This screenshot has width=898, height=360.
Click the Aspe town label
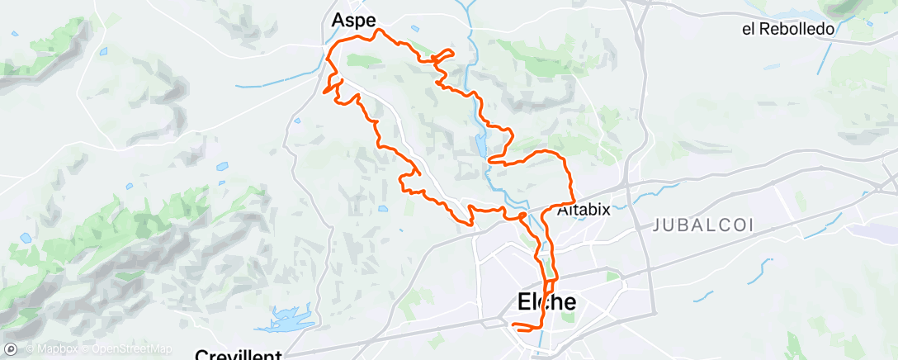tap(353, 21)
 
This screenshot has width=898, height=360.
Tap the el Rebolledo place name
tap(788, 29)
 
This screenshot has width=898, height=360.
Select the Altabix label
tap(584, 210)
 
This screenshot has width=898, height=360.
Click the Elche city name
tap(546, 302)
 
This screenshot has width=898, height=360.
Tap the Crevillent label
tap(239, 355)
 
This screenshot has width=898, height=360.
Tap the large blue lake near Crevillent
tap(288, 318)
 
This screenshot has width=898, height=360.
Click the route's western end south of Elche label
tap(513, 325)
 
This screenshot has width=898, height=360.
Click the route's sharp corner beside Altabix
tap(573, 201)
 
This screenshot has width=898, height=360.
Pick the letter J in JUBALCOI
tap(657, 225)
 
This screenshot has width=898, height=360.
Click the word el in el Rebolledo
tap(749, 29)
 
